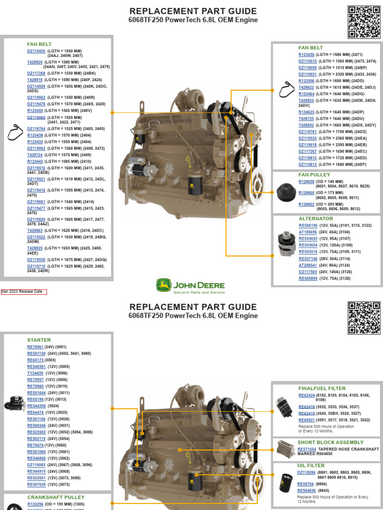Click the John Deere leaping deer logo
pos(163,285)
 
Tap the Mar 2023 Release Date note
pos(23,291)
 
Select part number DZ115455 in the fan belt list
pos(36,51)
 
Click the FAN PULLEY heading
pos(314,175)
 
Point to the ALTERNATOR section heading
pos(316,219)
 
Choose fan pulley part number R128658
pos(306,182)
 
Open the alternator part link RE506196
pos(307,226)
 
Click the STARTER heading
pos(39,340)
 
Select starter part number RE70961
pos(35,347)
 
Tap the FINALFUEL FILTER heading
pos(322,388)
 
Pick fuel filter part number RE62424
pos(306,395)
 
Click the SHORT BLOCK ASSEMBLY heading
pos(330,442)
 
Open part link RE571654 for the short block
pos(307,449)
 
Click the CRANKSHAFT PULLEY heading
pos(56,497)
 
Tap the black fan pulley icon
pos(286,191)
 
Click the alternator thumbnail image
pos(287,242)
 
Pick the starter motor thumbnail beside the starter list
pos(14,404)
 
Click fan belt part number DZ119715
pos(36,267)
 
